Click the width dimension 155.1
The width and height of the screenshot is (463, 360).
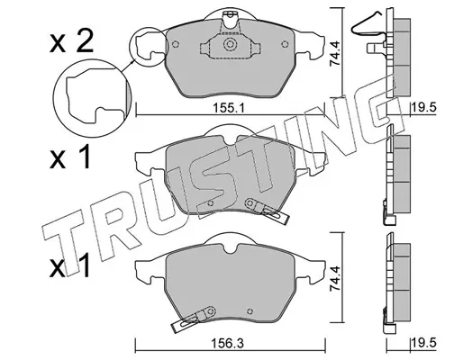tap(229, 108)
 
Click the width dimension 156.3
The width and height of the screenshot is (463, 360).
tap(227, 344)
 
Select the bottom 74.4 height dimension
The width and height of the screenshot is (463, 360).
tap(334, 278)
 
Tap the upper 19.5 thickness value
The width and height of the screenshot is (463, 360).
tap(423, 107)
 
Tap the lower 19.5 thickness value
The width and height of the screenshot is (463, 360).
tap(423, 344)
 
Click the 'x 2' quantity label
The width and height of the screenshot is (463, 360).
tap(71, 43)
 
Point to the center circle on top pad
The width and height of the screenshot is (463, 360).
tap(230, 44)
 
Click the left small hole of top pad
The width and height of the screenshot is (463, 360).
tap(176, 44)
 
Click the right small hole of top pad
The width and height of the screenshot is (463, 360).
tap(285, 45)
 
